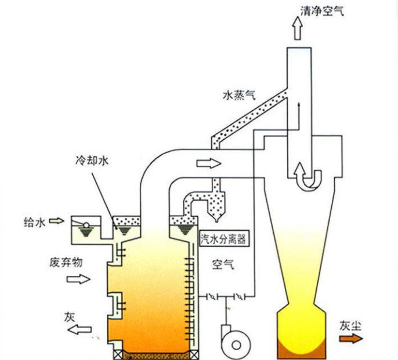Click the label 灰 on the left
coord(70,317)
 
